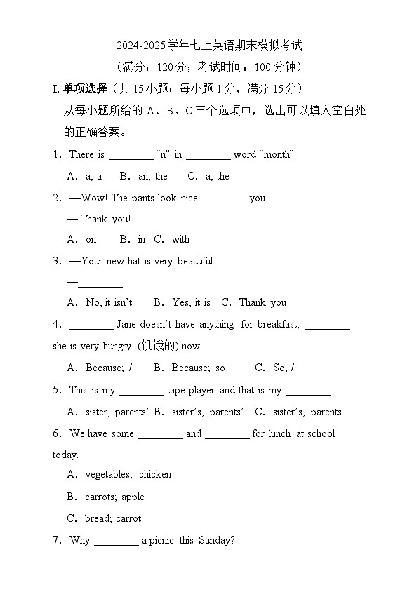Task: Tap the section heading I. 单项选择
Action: (80, 88)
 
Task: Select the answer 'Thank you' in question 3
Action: (262, 302)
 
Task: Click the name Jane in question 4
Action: (126, 324)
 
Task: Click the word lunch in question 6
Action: (279, 433)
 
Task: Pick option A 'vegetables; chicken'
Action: (128, 474)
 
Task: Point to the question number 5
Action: (56, 390)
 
